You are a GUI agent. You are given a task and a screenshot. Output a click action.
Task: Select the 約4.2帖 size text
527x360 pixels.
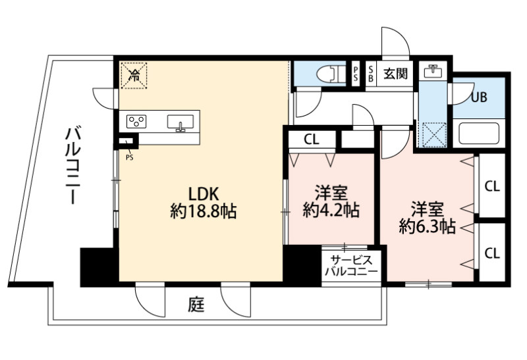tap(331, 210)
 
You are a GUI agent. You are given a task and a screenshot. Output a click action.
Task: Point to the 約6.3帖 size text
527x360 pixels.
tap(427, 226)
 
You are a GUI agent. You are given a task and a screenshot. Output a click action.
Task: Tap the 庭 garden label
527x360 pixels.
tap(196, 305)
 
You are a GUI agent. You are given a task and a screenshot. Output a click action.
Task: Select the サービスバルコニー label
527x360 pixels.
tap(354, 265)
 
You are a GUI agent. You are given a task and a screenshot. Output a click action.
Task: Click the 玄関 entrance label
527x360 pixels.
tap(396, 72)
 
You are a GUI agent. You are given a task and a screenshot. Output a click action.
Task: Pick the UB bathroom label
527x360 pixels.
tap(479, 97)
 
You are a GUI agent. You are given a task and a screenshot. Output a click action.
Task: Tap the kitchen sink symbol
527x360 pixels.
tap(180, 122)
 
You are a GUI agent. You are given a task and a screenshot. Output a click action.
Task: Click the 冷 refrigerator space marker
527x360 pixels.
tap(134, 74)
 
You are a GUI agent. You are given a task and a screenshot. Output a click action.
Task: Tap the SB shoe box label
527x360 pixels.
tap(372, 72)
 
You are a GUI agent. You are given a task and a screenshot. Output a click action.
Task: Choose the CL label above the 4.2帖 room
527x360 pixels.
tap(312, 140)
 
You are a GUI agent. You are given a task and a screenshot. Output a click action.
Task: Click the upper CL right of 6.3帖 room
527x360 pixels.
tap(492, 186)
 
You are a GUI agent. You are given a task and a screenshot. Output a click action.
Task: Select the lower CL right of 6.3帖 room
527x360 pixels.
tap(492, 252)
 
